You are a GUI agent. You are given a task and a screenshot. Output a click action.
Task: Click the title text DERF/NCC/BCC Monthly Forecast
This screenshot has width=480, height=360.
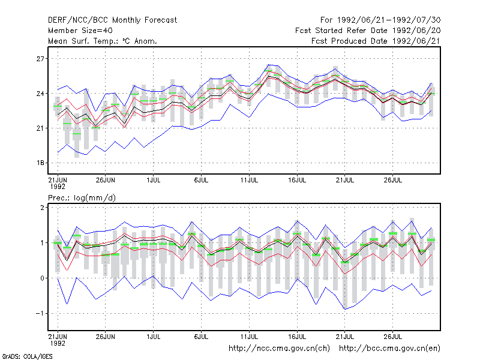112,20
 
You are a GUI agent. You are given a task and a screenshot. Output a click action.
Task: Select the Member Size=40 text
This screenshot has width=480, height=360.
80,31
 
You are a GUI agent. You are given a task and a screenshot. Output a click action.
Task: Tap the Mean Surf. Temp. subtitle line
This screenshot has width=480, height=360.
103,41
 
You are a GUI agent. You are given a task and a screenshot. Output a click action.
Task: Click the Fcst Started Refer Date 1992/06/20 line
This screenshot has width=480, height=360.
368,31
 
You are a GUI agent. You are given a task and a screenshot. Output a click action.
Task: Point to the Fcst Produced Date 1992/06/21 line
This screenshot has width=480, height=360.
376,41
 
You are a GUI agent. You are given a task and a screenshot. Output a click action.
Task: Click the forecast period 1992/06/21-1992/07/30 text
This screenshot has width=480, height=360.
380,20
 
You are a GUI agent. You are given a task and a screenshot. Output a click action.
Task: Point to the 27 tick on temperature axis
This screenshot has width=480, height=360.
40,58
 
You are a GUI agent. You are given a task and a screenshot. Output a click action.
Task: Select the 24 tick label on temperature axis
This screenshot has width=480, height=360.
40,94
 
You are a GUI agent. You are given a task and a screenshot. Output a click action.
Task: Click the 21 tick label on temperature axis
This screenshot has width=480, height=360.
40,128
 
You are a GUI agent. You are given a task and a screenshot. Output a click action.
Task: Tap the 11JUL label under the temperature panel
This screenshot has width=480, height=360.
249,180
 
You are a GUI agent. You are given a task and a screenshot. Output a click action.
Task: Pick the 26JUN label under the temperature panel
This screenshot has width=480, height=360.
106,180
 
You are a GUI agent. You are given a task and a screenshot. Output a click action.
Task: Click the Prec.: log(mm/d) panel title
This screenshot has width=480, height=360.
82,198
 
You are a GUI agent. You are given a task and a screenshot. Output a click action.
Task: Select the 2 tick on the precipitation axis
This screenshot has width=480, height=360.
42,208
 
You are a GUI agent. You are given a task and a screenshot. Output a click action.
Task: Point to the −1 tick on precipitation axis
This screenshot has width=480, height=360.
40,313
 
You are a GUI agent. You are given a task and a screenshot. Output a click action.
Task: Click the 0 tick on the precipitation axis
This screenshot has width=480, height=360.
42,278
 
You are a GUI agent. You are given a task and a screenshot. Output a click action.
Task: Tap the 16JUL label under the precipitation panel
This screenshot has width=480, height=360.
297,337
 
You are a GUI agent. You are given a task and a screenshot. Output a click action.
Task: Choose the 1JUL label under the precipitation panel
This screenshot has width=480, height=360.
154,337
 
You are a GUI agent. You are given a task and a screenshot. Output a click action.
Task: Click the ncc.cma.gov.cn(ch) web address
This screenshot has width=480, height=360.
280,349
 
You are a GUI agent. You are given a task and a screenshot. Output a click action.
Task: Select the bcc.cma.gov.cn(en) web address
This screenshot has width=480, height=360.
389,349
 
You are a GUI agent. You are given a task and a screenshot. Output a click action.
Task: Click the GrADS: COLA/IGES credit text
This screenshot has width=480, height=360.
28,356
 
